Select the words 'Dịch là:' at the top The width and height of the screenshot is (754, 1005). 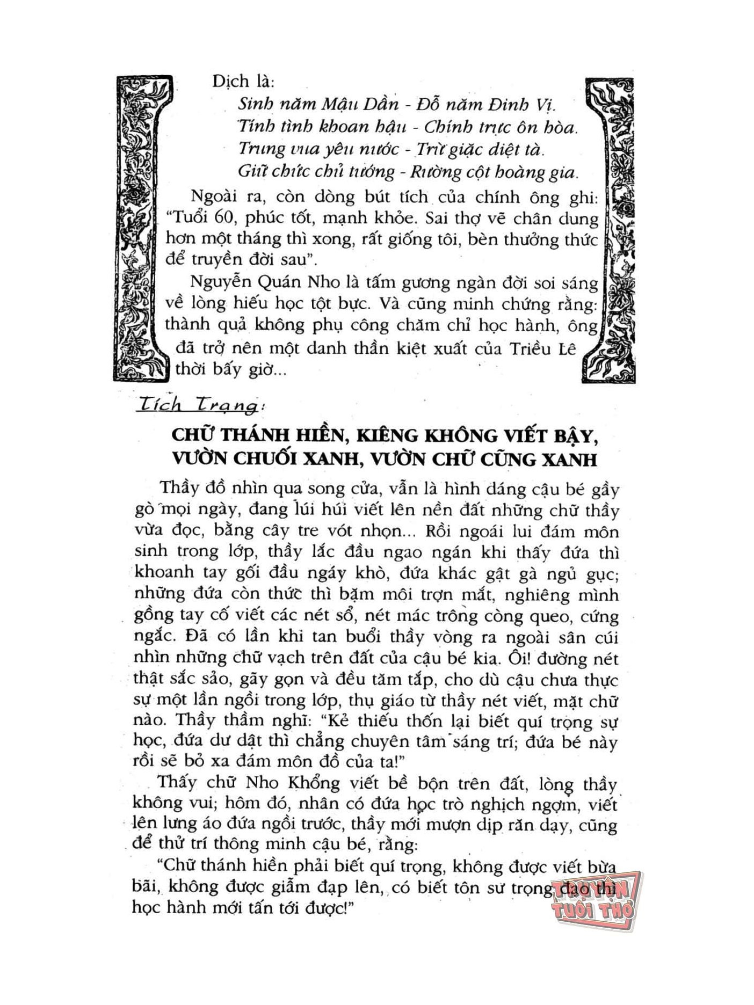(243, 82)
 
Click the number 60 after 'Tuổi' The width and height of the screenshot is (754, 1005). (213, 219)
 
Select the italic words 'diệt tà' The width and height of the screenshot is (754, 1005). (512, 150)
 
